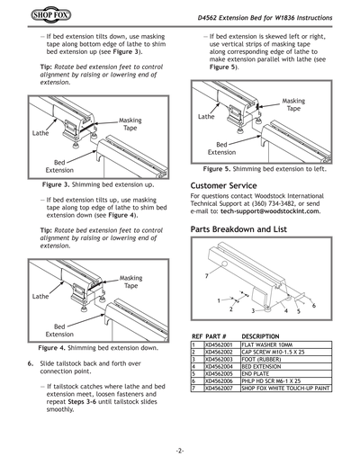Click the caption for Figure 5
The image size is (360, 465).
(263, 168)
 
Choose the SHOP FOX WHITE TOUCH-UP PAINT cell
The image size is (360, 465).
(285, 389)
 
